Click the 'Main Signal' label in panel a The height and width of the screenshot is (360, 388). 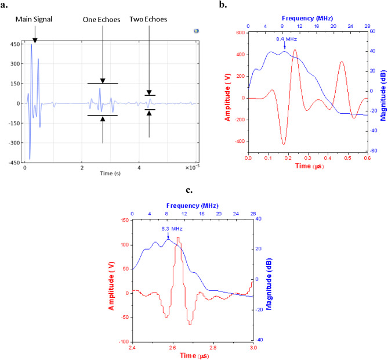[x=34, y=19]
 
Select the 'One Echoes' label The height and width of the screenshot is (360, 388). [x=102, y=19]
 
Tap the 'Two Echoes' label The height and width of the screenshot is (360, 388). [x=148, y=19]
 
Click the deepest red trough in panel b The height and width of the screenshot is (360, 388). [x=284, y=143]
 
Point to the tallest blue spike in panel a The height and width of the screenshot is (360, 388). [x=31, y=45]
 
